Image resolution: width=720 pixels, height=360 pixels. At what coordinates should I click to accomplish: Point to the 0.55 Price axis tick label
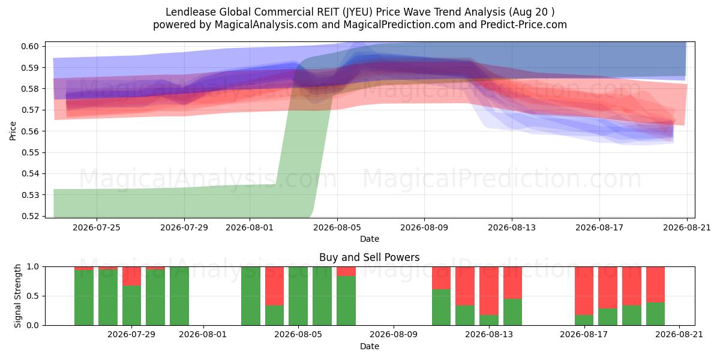(x=30, y=152)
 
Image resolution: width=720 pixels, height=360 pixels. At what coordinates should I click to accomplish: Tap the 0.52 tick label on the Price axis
(x=30, y=216)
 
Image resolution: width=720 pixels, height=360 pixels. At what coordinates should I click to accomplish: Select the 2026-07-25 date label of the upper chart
(x=97, y=227)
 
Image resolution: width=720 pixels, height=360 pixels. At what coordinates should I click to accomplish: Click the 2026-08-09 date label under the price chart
(x=424, y=227)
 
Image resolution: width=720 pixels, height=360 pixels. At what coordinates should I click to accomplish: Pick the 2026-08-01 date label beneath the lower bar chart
(x=203, y=334)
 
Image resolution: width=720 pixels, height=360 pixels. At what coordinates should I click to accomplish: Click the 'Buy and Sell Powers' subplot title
(x=370, y=257)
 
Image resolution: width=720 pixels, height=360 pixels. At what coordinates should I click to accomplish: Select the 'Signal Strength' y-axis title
(x=17, y=296)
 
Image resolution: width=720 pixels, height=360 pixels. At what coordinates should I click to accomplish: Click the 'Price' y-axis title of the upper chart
(x=13, y=131)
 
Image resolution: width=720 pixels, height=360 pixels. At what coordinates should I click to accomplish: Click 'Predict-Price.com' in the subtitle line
(x=524, y=25)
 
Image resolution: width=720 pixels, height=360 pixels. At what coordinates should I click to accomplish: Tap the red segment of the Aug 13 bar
(x=489, y=291)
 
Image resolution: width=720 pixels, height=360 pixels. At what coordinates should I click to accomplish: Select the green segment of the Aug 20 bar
(x=655, y=314)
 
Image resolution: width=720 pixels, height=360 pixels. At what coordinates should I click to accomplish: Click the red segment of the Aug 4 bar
(x=275, y=286)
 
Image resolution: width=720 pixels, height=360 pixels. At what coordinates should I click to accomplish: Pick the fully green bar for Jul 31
(x=179, y=296)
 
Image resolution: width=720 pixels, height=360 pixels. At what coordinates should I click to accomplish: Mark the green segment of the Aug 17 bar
(x=584, y=320)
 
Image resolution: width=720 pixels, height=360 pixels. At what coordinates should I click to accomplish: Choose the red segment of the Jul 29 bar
(x=131, y=276)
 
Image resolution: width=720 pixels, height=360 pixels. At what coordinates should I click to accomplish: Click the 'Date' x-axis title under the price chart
(x=370, y=239)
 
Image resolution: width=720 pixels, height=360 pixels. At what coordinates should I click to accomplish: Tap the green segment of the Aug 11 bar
(x=442, y=307)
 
